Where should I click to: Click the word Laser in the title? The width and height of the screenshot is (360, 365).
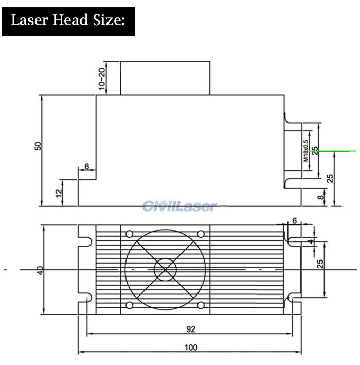tap(29, 20)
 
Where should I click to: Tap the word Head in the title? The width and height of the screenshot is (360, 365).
tap(70, 20)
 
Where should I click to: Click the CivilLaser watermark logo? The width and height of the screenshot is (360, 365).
tap(179, 206)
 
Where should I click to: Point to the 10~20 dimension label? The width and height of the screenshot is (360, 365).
tap(102, 79)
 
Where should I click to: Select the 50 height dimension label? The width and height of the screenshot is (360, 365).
tap(38, 146)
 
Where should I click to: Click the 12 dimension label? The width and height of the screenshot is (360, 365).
tap(59, 193)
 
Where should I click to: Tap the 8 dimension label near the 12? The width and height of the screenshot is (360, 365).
tap(87, 166)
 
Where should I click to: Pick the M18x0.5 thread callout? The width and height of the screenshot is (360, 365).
tap(306, 151)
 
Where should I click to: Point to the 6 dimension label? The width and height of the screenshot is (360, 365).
tap(294, 220)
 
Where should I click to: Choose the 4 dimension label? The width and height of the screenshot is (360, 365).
tap(311, 241)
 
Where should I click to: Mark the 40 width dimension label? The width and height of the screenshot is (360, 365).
tap(40, 270)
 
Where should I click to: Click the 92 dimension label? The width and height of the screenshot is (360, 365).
tap(191, 329)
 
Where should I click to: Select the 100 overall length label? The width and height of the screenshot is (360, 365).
tap(191, 347)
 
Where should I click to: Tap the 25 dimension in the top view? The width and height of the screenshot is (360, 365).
tap(320, 264)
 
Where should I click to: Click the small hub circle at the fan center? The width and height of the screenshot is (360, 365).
tap(165, 270)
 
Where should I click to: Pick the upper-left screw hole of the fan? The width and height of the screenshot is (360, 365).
tap(129, 234)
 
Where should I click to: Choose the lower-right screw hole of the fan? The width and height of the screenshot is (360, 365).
tap(201, 305)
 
